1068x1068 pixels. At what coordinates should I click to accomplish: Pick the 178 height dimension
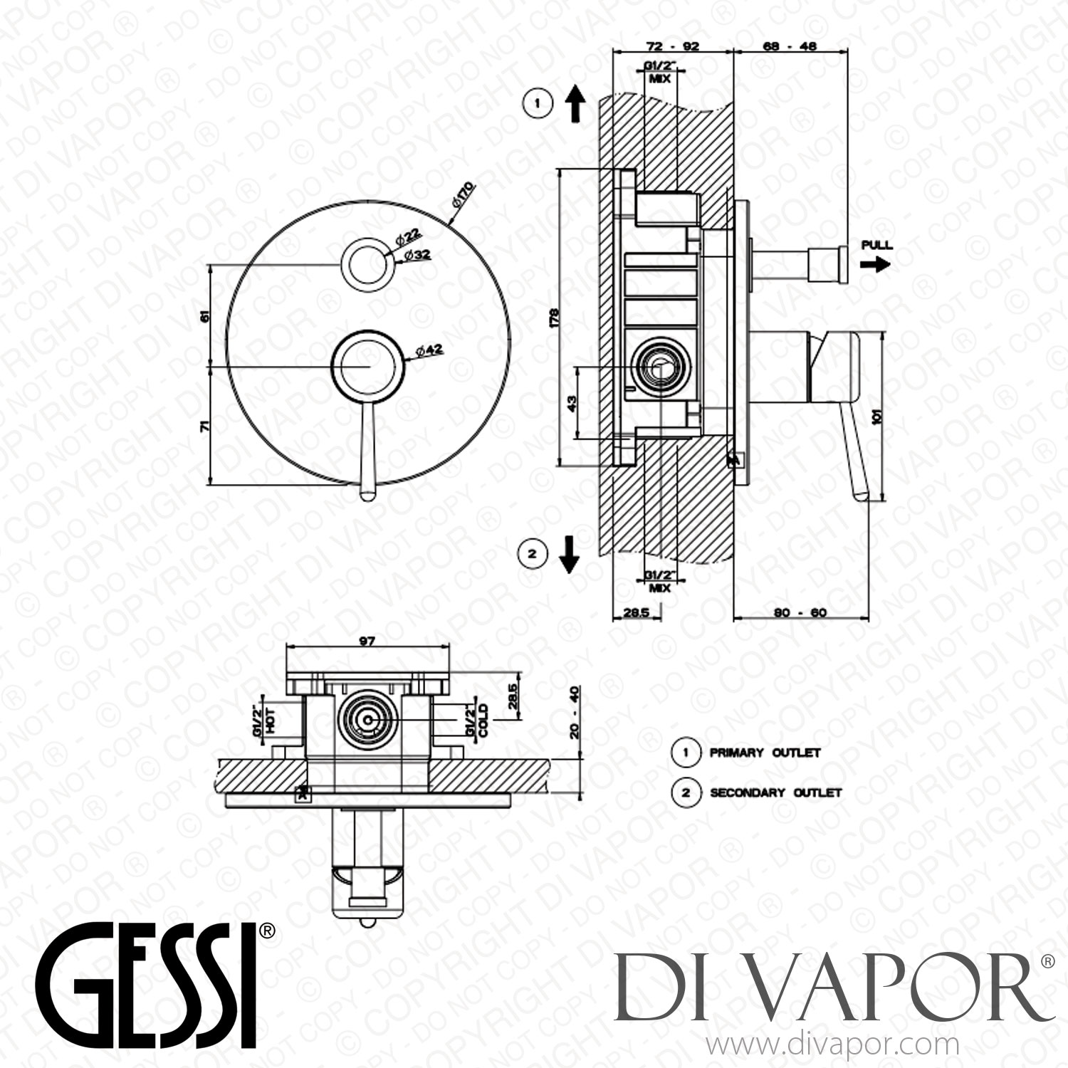[554, 315]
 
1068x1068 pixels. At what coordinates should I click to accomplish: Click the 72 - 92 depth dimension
[672, 46]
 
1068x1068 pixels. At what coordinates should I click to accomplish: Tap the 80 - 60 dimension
[800, 612]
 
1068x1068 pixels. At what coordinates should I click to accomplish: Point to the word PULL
[876, 245]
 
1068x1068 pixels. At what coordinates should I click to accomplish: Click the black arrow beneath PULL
[875, 264]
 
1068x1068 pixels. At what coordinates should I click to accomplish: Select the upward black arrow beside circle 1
[575, 105]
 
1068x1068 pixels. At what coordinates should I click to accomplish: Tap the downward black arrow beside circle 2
[568, 554]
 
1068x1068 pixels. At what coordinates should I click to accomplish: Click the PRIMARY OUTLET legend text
[765, 753]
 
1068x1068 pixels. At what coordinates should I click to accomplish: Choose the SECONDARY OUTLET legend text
[775, 792]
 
